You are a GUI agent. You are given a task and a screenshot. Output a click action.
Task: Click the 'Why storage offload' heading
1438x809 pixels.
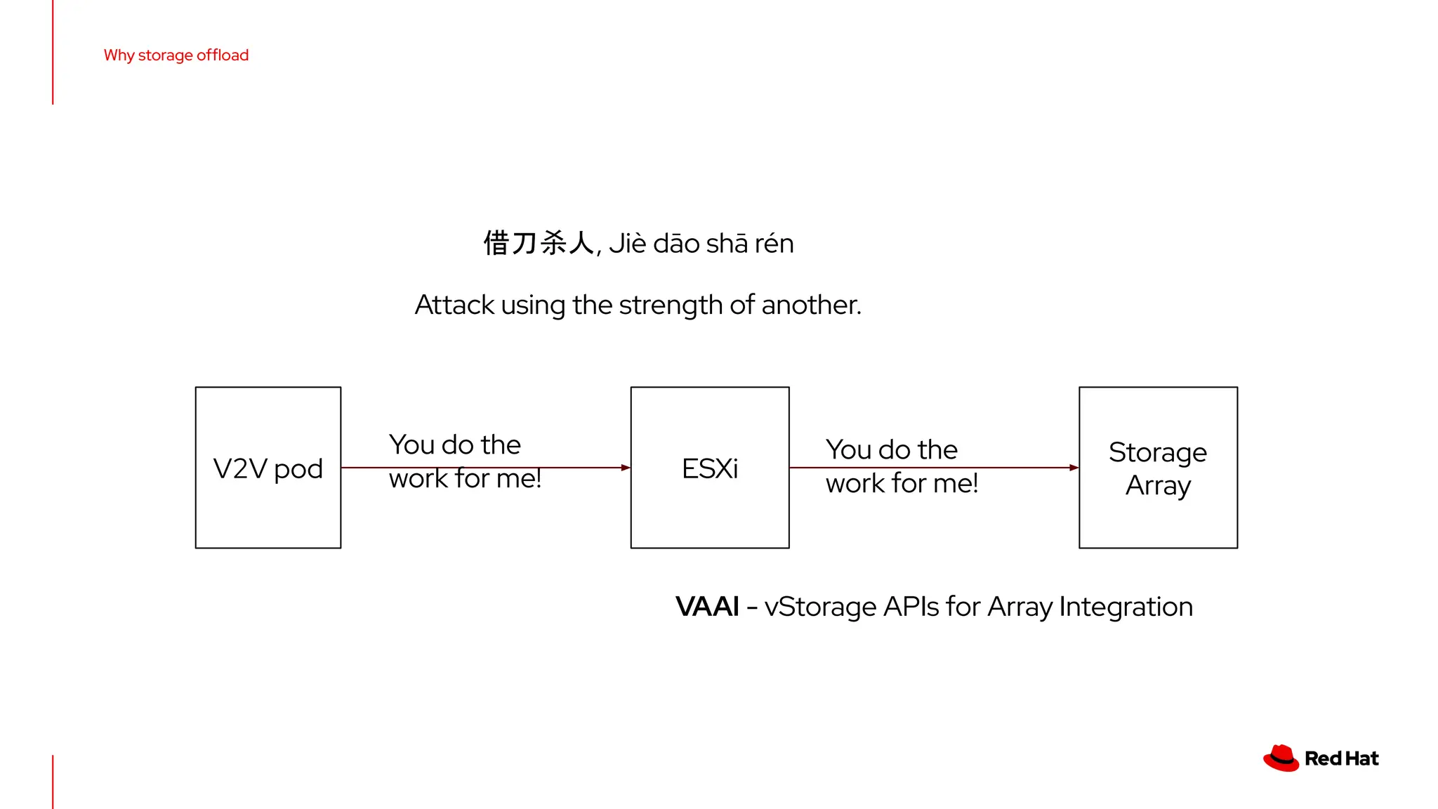coord(176,55)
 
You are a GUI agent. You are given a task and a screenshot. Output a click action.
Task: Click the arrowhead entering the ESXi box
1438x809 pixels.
coord(626,468)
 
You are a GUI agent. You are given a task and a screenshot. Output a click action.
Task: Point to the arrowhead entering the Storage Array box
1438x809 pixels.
coord(1074,468)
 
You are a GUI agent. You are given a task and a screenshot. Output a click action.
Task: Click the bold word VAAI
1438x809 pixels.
coord(707,607)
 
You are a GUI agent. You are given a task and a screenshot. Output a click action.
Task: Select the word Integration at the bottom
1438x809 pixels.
coord(1126,607)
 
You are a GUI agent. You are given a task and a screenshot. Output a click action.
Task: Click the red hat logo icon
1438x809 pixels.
coord(1281,758)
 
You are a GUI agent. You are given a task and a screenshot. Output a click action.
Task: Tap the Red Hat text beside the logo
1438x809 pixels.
coord(1341,758)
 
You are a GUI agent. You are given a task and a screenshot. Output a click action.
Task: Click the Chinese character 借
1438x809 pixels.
coord(496,244)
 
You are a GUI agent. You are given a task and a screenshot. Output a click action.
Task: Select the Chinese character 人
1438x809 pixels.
coord(582,244)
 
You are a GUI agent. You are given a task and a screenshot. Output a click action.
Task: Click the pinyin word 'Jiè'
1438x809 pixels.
coord(627,244)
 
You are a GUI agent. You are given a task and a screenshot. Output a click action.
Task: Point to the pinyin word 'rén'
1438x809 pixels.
coord(774,244)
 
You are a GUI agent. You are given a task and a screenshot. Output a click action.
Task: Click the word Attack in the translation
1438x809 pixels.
coord(454,305)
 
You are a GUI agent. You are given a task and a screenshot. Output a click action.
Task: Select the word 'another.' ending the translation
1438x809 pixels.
coord(811,305)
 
